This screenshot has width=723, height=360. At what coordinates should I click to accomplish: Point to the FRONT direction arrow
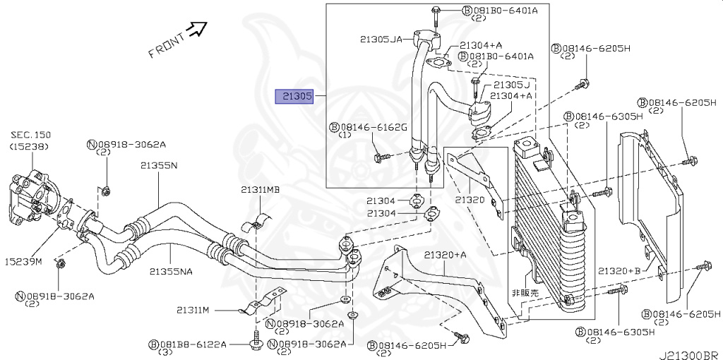point(198,29)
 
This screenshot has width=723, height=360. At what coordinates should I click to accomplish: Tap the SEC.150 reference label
point(30,135)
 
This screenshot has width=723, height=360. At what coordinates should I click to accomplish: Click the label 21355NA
point(173,270)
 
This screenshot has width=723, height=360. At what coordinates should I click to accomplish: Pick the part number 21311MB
point(260,190)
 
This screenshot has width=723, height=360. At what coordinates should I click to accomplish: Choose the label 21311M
point(193,309)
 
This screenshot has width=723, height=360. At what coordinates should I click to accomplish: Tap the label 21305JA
point(382,39)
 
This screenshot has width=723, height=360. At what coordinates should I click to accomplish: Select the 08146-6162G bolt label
point(372,127)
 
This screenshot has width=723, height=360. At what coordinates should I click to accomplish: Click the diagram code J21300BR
point(689,352)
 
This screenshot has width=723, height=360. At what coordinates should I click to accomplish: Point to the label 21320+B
point(619,270)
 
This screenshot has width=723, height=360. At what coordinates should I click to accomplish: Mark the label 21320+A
point(446,254)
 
